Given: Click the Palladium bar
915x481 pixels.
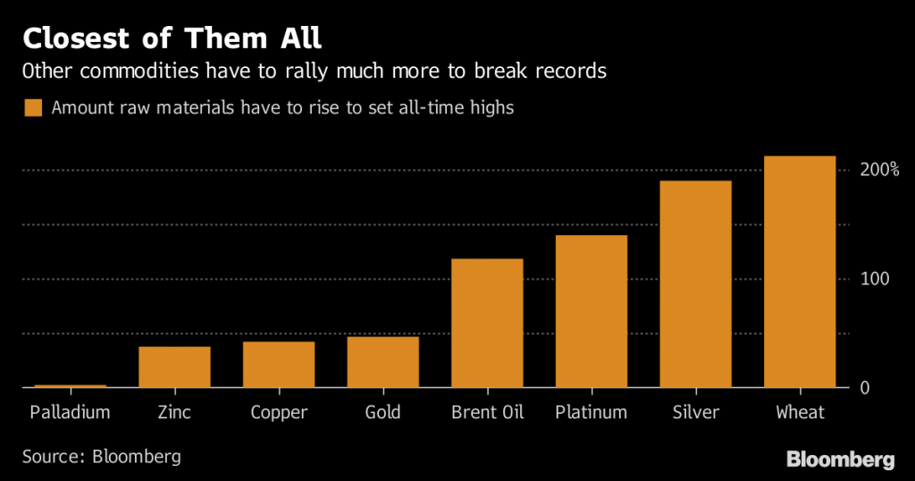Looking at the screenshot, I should pyautogui.click(x=70, y=386).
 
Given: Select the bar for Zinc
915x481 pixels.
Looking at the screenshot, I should pyautogui.click(x=174, y=367).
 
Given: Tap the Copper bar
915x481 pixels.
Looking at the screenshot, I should pyautogui.click(x=279, y=365).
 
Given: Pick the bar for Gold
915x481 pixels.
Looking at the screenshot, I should pyautogui.click(x=382, y=362).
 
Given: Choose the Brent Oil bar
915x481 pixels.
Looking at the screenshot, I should pyautogui.click(x=487, y=324).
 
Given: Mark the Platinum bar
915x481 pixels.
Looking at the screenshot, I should pyautogui.click(x=592, y=312).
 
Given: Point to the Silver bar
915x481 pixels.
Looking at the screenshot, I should pyautogui.click(x=695, y=284).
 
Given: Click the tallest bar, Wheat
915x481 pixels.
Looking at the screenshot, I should pyautogui.click(x=800, y=272).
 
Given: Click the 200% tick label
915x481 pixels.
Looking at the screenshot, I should pyautogui.click(x=878, y=170).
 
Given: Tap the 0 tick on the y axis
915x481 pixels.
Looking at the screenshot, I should pyautogui.click(x=864, y=388).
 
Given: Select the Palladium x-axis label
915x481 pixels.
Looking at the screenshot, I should pyautogui.click(x=70, y=413).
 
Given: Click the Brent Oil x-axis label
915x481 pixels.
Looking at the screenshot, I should pyautogui.click(x=487, y=413).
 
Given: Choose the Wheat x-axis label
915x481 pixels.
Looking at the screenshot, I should pyautogui.click(x=800, y=413).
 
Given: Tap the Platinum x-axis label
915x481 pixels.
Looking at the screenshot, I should pyautogui.click(x=592, y=413).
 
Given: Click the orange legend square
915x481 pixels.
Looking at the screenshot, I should pyautogui.click(x=33, y=108).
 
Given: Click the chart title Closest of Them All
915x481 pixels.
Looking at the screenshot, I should pyautogui.click(x=172, y=38).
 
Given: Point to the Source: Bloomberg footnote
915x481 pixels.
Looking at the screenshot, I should pyautogui.click(x=102, y=457).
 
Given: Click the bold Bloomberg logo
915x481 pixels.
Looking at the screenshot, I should pyautogui.click(x=840, y=460).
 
